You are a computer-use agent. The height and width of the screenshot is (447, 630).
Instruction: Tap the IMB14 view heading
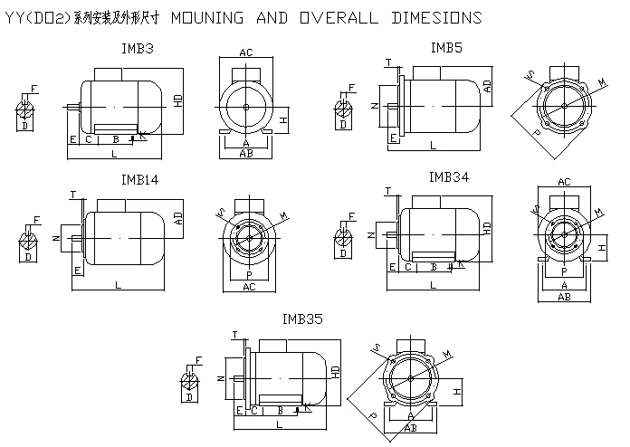pyautogui.click(x=140, y=180)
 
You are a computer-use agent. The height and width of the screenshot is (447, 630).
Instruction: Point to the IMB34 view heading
pyautogui.click(x=449, y=177)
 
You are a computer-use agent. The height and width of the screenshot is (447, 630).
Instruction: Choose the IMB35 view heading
pyautogui.click(x=301, y=319)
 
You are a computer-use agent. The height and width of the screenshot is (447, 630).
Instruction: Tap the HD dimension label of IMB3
pyautogui.click(x=178, y=101)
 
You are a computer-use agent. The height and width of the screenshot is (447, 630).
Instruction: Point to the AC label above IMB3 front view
pyautogui.click(x=245, y=53)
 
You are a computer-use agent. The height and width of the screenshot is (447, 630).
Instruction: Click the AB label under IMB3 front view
pyautogui.click(x=245, y=154)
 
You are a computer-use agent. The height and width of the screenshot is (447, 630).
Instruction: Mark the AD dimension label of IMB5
pyautogui.click(x=487, y=87)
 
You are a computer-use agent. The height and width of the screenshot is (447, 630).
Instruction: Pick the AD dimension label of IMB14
pyautogui.click(x=178, y=218)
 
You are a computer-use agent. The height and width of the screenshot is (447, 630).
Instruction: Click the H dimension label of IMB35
pyautogui.click(x=458, y=392)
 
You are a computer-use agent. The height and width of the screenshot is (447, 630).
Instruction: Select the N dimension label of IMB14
pyautogui.click(x=55, y=238)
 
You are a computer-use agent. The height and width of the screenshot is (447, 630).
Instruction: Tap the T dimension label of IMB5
pyautogui.click(x=387, y=62)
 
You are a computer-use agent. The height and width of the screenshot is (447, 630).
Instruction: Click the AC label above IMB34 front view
pyautogui.click(x=564, y=182)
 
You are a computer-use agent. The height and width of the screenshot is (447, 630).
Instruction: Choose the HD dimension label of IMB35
pyautogui.click(x=335, y=371)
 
